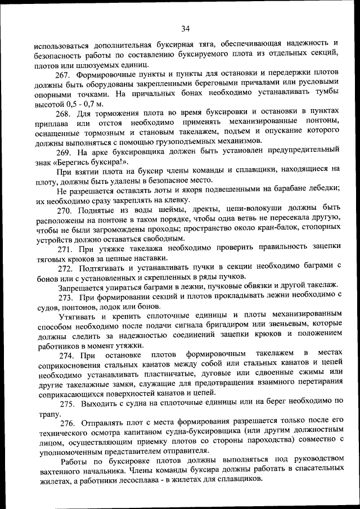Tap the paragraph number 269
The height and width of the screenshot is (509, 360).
63,153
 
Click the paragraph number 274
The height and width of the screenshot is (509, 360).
63,354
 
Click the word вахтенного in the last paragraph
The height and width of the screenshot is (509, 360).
54,472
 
